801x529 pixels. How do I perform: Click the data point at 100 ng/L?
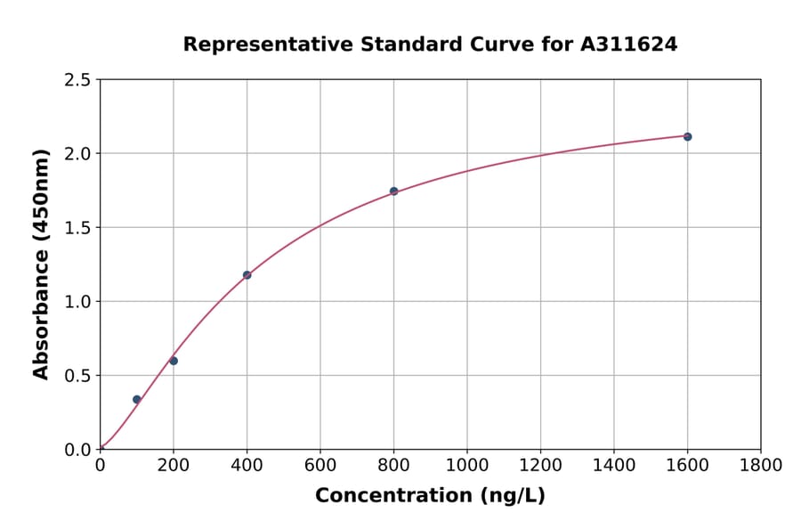click(x=136, y=400)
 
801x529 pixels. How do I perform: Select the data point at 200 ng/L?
click(x=174, y=361)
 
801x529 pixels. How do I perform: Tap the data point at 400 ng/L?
click(x=247, y=275)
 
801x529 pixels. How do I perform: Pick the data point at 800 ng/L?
click(x=393, y=191)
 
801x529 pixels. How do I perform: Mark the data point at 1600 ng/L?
click(x=687, y=136)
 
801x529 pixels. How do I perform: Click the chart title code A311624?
click(x=629, y=45)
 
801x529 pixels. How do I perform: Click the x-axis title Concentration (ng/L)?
click(x=430, y=496)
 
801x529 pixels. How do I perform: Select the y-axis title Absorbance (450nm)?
click(x=41, y=264)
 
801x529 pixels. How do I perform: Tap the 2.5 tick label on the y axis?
click(x=77, y=80)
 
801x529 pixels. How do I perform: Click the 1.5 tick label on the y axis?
click(x=77, y=228)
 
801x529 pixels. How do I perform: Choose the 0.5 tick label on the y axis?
click(x=77, y=376)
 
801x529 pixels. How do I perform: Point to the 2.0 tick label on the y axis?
click(x=77, y=154)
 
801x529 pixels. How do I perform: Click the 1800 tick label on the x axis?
click(x=760, y=465)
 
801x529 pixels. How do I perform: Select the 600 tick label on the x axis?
click(x=320, y=465)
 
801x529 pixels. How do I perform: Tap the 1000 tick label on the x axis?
click(x=466, y=465)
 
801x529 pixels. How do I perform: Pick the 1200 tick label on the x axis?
click(x=540, y=465)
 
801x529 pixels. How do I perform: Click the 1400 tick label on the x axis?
click(x=613, y=465)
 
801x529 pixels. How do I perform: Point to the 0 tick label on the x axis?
click(x=100, y=465)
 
